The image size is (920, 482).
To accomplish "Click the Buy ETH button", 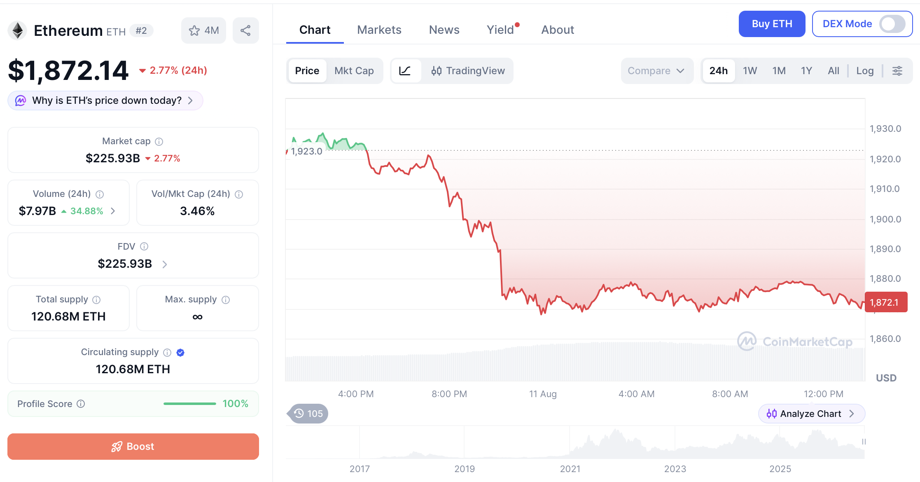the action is (x=772, y=24).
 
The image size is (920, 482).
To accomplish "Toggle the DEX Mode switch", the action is (x=892, y=24).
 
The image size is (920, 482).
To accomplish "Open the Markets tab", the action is (x=379, y=30).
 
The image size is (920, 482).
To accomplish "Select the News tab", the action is (x=444, y=30).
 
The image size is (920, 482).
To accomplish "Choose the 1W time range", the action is (x=750, y=71).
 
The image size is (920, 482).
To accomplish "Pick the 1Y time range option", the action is (x=806, y=71).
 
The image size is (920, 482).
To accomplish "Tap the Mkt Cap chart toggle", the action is (x=354, y=71).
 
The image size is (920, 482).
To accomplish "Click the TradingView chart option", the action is (x=468, y=71).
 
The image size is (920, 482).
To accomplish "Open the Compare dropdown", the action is (x=656, y=71).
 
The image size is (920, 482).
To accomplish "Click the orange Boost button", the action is (x=133, y=446).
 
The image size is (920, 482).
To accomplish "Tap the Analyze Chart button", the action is (x=811, y=414).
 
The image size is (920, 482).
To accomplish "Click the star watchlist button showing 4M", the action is (x=203, y=30).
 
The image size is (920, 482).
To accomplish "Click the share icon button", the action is (x=245, y=30).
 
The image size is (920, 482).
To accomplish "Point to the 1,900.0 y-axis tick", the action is (x=885, y=219).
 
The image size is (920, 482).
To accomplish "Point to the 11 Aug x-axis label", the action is (x=543, y=394).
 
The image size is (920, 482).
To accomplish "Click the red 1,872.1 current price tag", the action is (x=886, y=302).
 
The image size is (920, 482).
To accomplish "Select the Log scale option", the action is (x=865, y=71).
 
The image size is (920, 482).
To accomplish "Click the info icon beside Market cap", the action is (x=159, y=142).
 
